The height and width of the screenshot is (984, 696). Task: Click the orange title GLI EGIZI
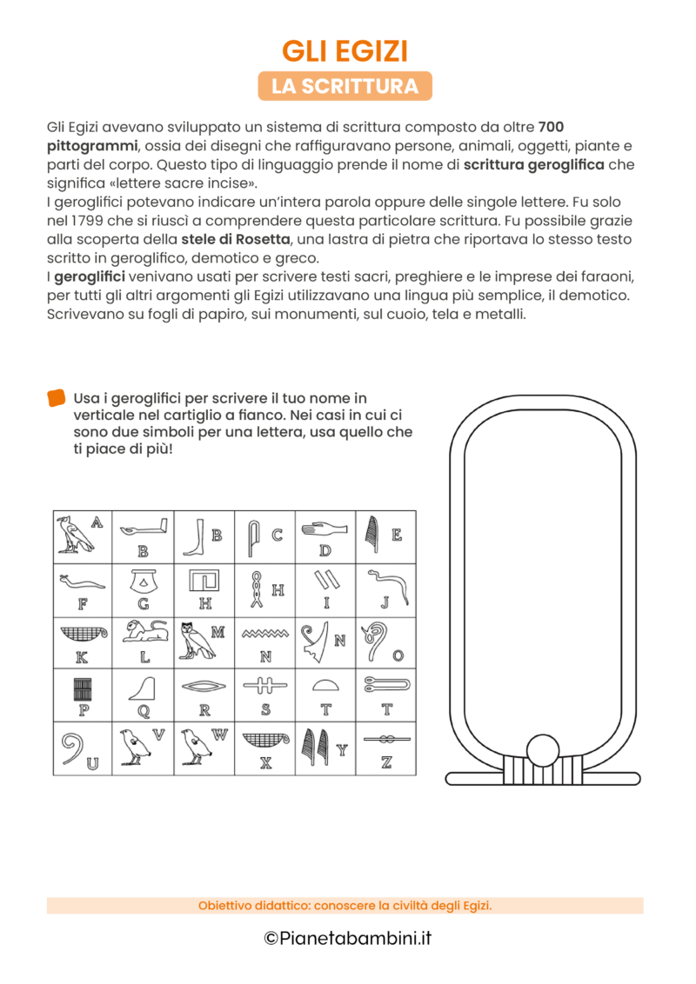pyautogui.click(x=345, y=51)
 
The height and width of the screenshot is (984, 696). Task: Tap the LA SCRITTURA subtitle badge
pyautogui.click(x=345, y=86)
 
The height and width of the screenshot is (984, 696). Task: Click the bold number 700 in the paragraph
pyautogui.click(x=552, y=127)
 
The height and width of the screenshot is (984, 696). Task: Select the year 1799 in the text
pyautogui.click(x=83, y=220)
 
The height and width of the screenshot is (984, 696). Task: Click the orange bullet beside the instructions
pyautogui.click(x=57, y=398)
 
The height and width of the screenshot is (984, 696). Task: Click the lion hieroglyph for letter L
pyautogui.click(x=144, y=632)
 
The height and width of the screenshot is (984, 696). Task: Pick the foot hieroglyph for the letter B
pyautogui.click(x=194, y=537)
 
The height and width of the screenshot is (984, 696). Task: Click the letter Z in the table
pyautogui.click(x=386, y=763)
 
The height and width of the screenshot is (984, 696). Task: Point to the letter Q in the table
pyautogui.click(x=144, y=710)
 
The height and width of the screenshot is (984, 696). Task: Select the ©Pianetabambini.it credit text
pyautogui.click(x=347, y=938)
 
